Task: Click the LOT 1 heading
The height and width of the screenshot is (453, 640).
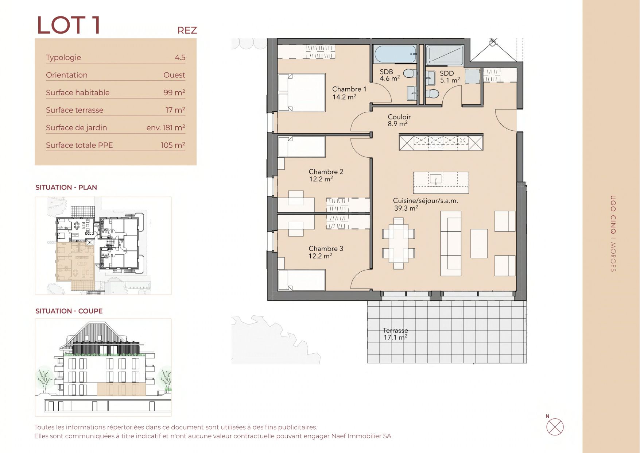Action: click(x=69, y=25)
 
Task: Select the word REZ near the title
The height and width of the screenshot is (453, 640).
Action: click(x=187, y=30)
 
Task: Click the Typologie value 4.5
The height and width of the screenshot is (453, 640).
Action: click(x=180, y=57)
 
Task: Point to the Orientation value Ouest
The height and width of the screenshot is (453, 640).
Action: click(x=174, y=75)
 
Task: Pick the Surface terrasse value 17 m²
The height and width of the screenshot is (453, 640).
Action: click(x=175, y=110)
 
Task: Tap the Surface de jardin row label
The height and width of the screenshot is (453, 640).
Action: click(x=76, y=127)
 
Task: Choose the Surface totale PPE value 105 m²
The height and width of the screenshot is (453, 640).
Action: click(x=173, y=145)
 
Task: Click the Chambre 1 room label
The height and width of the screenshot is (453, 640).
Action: click(x=349, y=89)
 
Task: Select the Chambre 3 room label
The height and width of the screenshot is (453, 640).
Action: click(x=326, y=249)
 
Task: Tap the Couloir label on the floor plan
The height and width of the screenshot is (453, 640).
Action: click(x=399, y=117)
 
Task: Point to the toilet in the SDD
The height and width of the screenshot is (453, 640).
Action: click(x=433, y=93)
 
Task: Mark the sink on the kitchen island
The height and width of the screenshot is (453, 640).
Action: click(x=435, y=179)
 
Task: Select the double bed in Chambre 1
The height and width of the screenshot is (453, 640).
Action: click(x=302, y=93)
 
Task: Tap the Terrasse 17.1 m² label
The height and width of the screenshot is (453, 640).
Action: click(x=395, y=334)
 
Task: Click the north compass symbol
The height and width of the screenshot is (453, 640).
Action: click(x=555, y=427)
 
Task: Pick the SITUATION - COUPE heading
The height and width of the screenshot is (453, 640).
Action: click(x=69, y=311)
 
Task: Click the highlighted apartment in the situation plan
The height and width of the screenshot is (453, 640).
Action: click(x=75, y=262)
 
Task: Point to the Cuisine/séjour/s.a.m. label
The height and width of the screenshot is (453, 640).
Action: click(x=425, y=200)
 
